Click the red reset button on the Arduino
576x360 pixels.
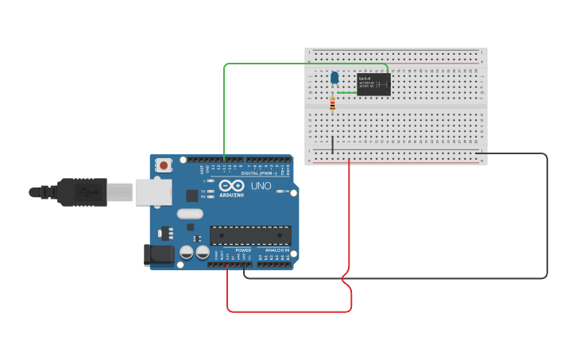click(164, 165)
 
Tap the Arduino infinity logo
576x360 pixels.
click(232, 187)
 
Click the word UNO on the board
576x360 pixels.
click(261, 186)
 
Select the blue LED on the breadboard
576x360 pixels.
click(334, 77)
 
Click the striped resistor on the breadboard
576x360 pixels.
click(332, 103)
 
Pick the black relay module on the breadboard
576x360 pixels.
click(373, 84)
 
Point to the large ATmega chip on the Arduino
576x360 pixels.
click(250, 234)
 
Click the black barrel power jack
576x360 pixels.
click(157, 254)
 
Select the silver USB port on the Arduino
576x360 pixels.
click(153, 192)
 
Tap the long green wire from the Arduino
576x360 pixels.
click(225, 103)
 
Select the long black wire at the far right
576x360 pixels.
click(547, 215)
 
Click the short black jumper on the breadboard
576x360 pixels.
click(332, 145)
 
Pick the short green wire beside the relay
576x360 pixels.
click(346, 93)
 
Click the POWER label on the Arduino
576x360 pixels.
click(243, 250)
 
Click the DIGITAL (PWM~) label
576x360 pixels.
click(259, 172)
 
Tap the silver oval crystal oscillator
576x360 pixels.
click(190, 213)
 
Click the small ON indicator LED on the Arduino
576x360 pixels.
click(279, 191)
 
